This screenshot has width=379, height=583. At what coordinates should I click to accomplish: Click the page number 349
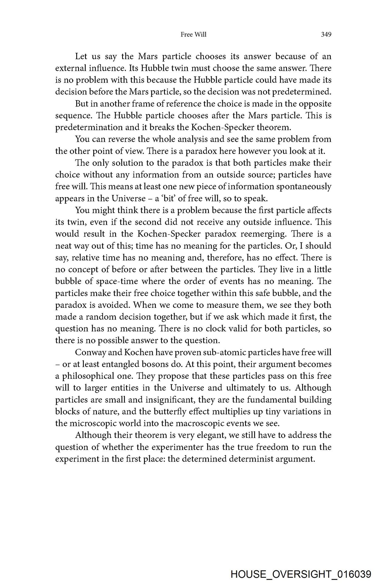click(326, 35)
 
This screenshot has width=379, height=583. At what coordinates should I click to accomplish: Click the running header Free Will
click(193, 35)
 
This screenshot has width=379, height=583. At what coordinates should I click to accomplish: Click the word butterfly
click(176, 411)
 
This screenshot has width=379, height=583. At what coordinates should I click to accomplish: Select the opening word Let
click(81, 56)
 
